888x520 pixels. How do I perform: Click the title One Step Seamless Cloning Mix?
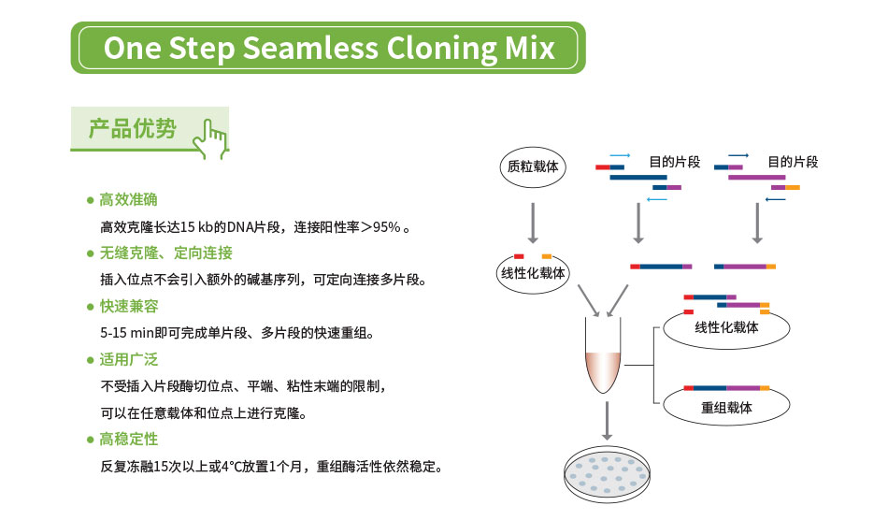[328, 48]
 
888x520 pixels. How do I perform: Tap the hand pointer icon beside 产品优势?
[209, 137]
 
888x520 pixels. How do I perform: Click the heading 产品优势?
[132, 129]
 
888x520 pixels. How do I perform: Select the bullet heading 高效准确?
[128, 200]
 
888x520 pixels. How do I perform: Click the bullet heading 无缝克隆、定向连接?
[165, 253]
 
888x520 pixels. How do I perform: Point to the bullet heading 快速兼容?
[128, 307]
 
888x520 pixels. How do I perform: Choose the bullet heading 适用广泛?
[128, 359]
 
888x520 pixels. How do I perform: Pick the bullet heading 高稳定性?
[128, 440]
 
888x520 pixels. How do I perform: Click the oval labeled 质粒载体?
[532, 166]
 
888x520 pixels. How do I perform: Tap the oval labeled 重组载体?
[726, 408]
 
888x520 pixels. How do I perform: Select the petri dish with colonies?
[608, 476]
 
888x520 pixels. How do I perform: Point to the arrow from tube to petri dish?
[608, 420]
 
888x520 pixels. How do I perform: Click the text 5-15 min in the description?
[126, 333]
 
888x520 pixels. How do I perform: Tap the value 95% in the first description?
[386, 227]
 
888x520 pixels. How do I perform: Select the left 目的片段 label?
[674, 162]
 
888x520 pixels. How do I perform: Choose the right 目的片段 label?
[793, 162]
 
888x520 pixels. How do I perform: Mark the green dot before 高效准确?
[90, 200]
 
